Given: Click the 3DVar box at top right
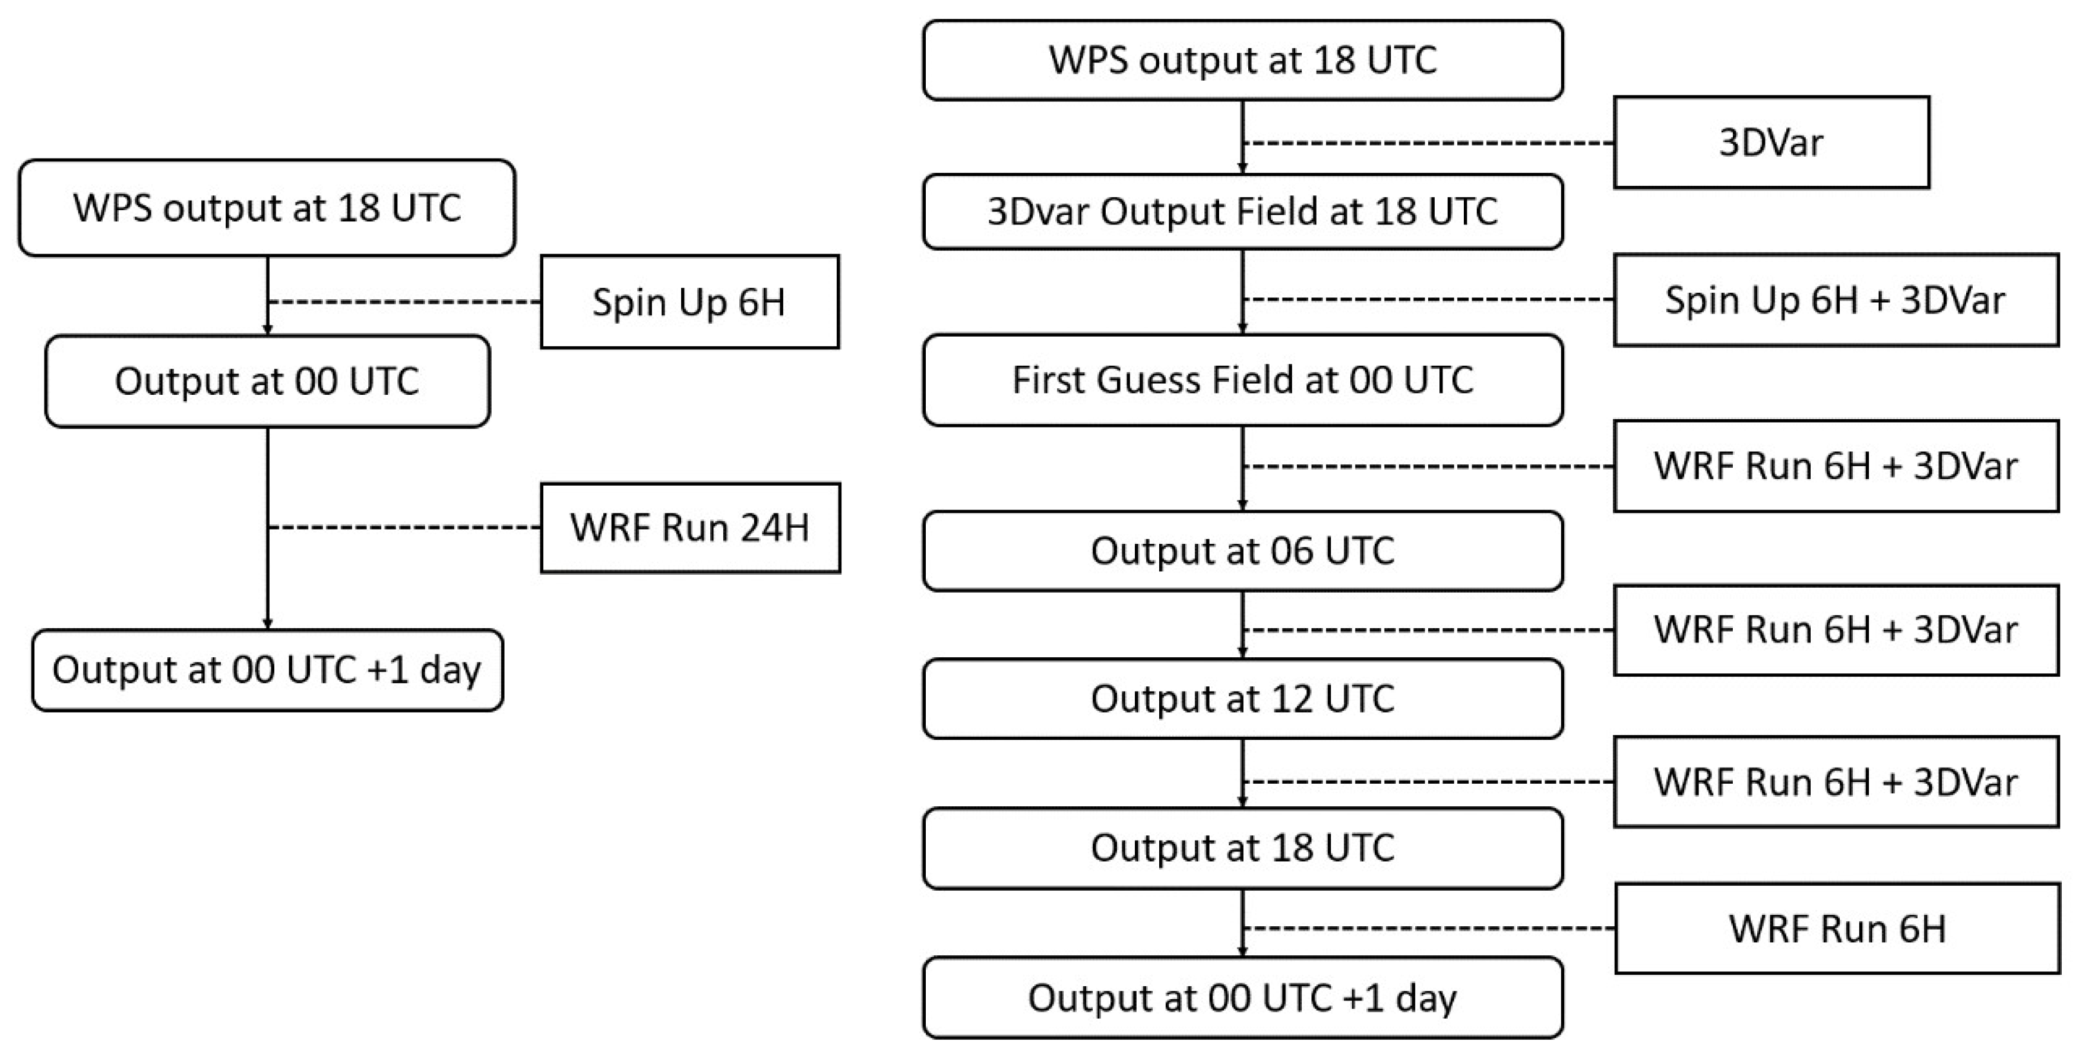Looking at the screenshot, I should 1771,143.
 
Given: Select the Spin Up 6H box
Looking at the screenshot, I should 689,302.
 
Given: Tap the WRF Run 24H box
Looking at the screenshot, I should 689,528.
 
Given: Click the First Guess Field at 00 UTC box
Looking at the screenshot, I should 1242,380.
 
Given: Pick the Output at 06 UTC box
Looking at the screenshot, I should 1242,551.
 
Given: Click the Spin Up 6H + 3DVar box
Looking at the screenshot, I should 1836,300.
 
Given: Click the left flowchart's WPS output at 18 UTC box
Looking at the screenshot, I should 267,208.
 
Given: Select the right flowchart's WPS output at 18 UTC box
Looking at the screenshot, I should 1242,61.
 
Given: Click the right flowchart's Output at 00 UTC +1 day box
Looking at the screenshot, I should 1242,998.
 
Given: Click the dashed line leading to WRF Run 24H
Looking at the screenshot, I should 404,528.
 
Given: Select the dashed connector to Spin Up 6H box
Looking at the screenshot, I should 404,302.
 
